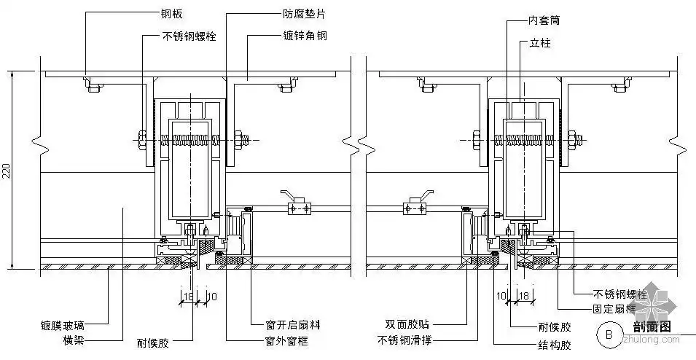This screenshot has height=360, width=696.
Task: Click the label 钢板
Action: click(172, 13)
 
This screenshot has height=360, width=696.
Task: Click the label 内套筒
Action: click(544, 22)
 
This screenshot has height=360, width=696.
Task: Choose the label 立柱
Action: click(540, 44)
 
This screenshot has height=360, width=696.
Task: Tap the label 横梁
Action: click(74, 340)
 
